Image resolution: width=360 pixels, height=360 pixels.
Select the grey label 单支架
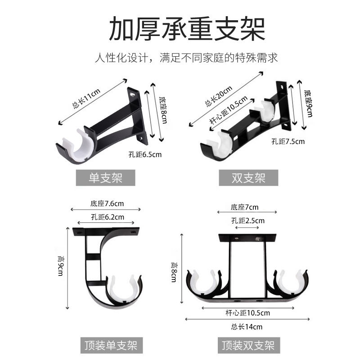click(105, 178)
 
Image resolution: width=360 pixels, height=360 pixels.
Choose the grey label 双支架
click(248, 178)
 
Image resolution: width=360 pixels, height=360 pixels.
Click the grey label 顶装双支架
click(248, 345)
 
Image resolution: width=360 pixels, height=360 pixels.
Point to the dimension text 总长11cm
click(86, 99)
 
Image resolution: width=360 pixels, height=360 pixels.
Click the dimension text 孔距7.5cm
click(288, 141)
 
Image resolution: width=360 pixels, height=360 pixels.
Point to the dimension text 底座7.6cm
click(107, 204)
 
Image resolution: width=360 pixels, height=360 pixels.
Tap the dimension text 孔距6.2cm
click(107, 217)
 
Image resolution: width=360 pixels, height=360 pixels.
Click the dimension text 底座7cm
click(245, 207)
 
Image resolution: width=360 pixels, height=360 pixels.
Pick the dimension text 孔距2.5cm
click(248, 220)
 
